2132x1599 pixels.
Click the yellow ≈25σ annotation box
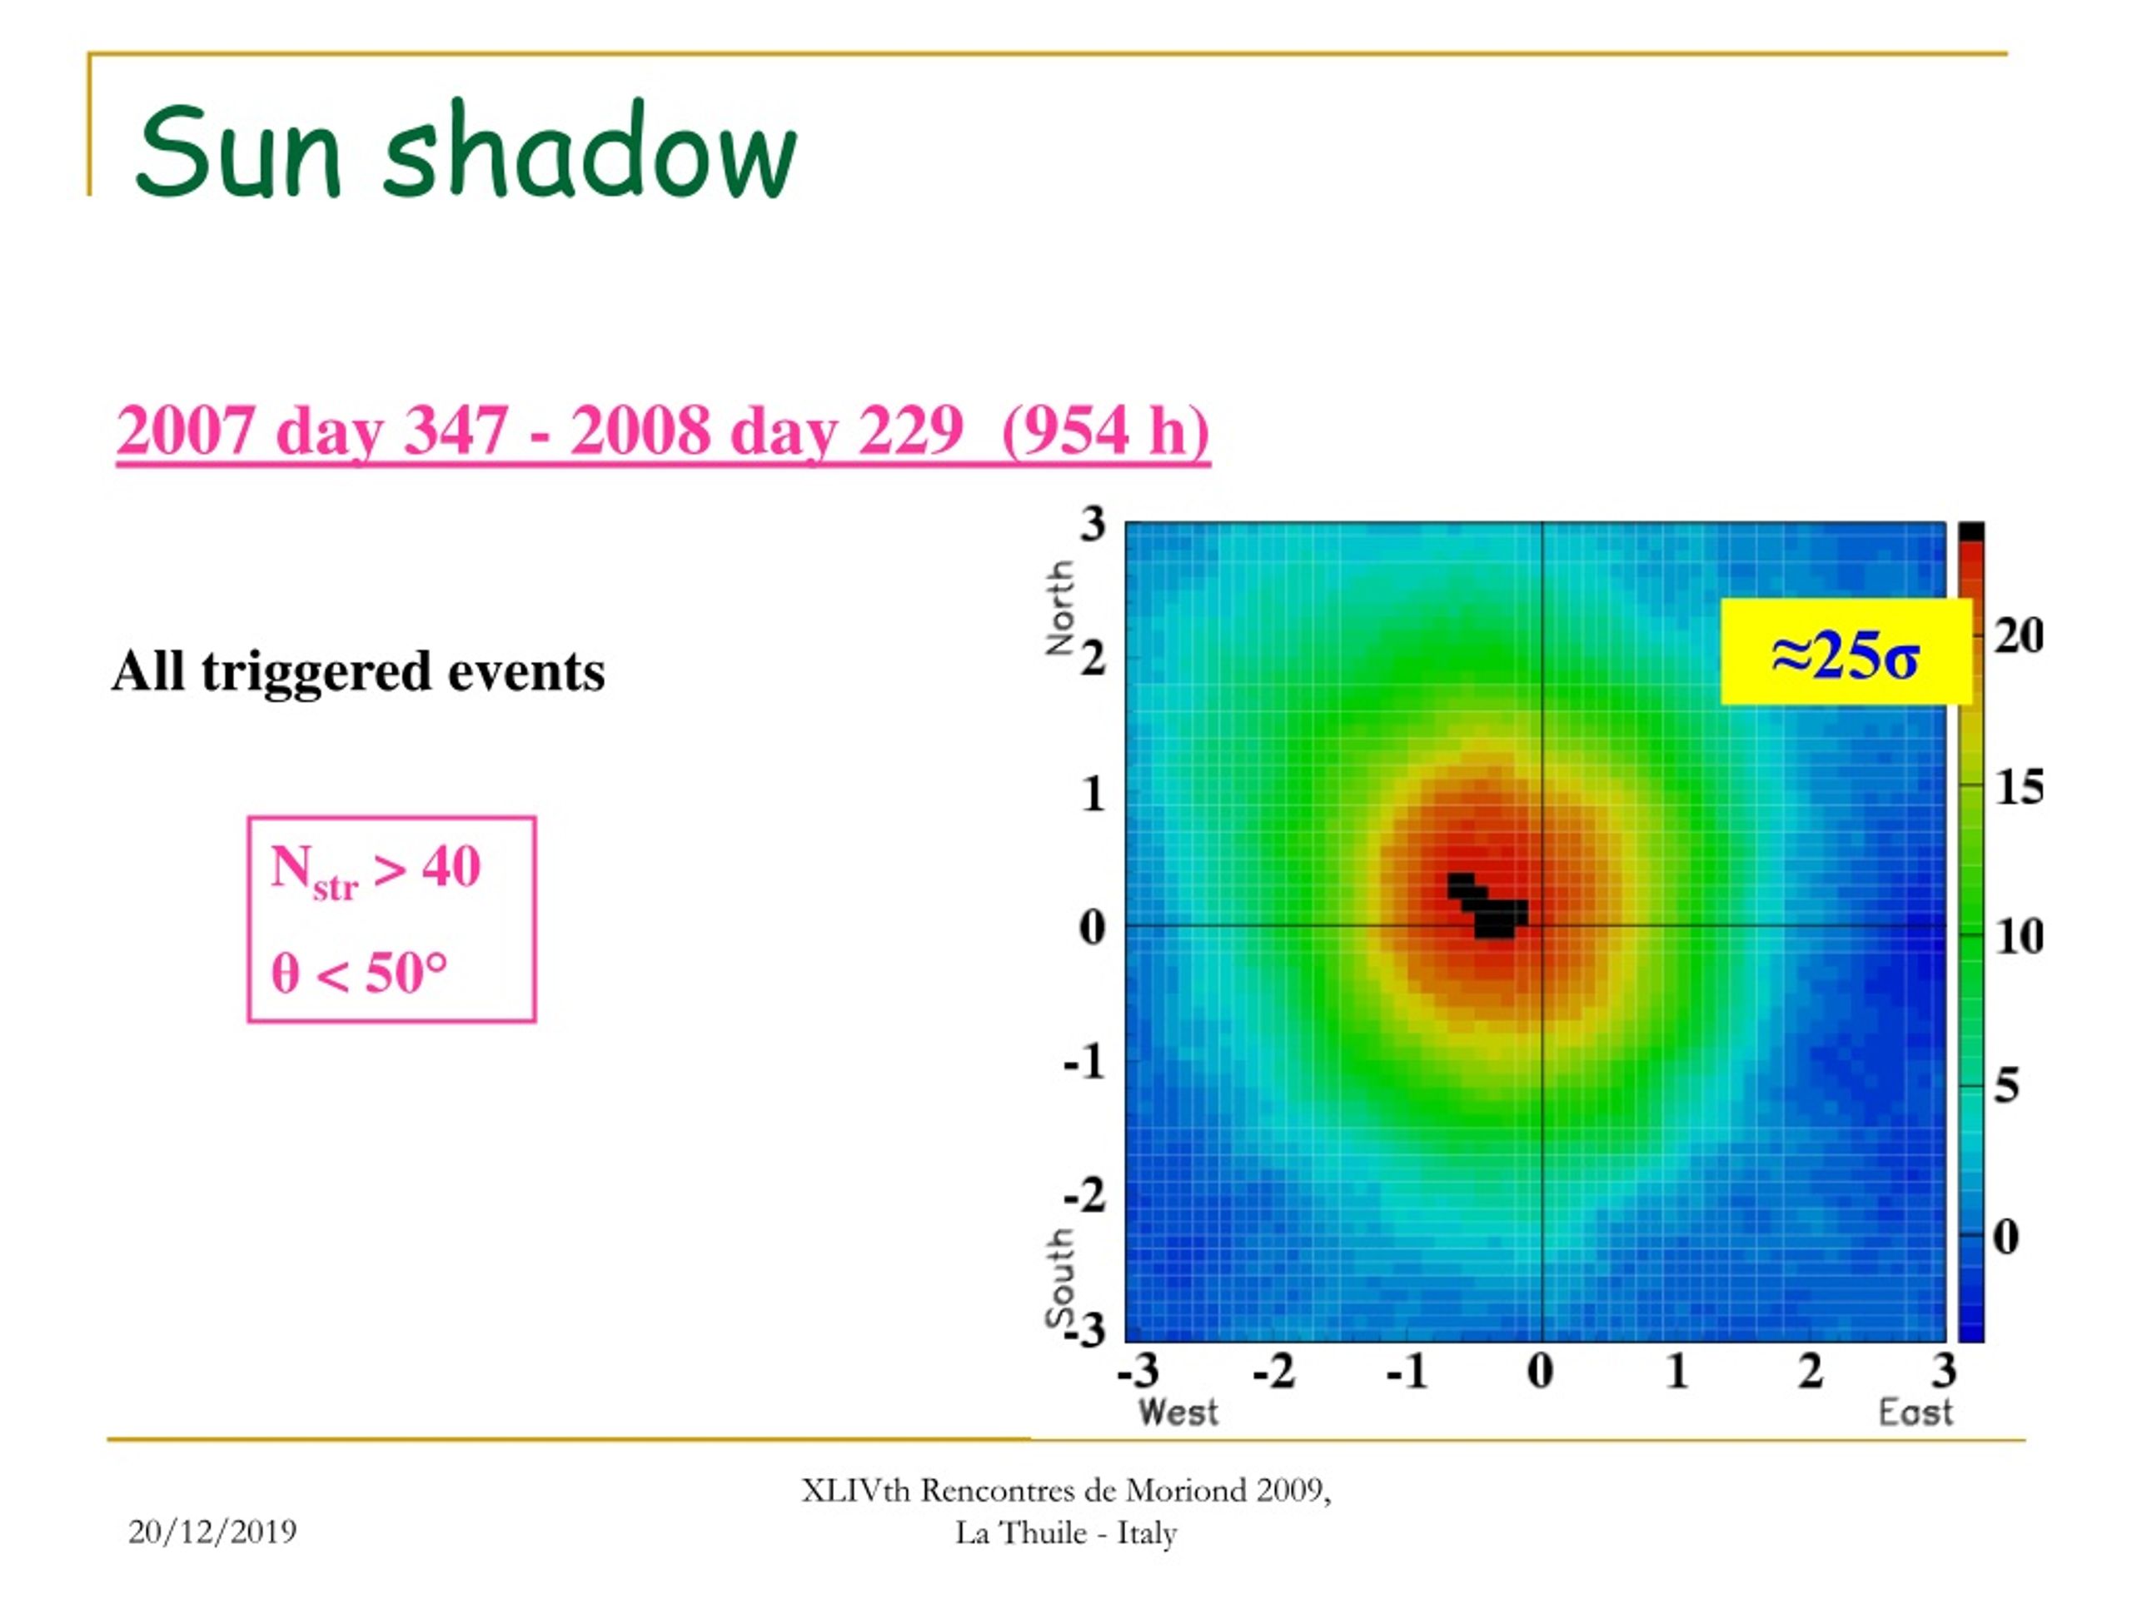coord(1846,651)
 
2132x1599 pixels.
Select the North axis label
coord(1060,608)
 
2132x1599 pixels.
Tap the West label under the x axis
coord(1178,1413)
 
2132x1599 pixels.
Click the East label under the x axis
coord(1915,1413)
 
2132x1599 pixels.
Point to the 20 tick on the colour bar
coord(2018,636)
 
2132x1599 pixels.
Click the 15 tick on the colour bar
coord(2018,788)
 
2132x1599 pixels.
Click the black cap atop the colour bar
coord(1971,532)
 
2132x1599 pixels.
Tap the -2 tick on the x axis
coord(1274,1370)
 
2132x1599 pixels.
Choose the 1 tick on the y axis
coord(1093,795)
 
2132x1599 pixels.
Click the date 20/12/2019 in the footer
coord(212,1532)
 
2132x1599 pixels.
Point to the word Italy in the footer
coord(1147,1533)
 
